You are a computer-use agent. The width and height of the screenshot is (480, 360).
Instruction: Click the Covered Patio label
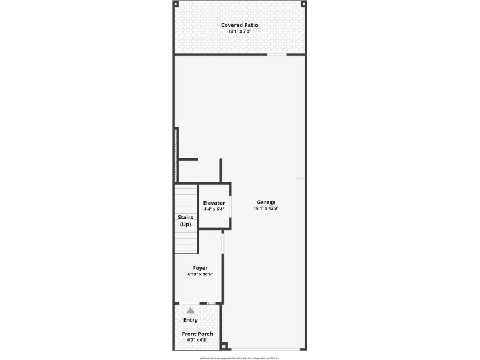tap(239, 25)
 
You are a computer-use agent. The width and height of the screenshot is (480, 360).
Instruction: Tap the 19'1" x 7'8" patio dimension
tap(239, 31)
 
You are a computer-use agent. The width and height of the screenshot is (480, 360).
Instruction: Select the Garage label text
tap(266, 202)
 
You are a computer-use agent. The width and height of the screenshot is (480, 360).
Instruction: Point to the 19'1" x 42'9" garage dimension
tap(266, 209)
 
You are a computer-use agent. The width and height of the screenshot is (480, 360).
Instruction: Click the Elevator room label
tap(214, 203)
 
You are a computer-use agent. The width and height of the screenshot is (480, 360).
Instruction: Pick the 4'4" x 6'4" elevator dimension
tap(214, 209)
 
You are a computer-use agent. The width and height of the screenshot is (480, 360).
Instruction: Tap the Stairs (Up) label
tap(185, 221)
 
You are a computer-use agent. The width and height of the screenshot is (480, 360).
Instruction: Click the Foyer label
tap(200, 268)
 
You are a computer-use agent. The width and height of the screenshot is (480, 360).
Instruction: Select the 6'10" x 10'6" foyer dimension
tap(200, 274)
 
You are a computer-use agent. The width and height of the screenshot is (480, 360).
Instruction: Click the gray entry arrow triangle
tap(190, 310)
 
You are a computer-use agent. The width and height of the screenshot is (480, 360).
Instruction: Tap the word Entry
tap(190, 320)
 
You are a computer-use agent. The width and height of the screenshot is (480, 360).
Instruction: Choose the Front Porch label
tap(197, 334)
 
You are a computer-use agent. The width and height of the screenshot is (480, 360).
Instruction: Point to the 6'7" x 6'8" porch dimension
tap(197, 340)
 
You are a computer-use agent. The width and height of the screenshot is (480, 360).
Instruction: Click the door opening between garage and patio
tap(277, 55)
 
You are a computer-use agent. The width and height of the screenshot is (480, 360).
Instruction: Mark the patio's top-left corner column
tap(175, 3)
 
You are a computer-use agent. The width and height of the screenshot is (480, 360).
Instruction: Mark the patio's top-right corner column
tap(303, 3)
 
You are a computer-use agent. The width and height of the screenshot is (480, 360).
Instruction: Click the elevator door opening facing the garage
tap(230, 206)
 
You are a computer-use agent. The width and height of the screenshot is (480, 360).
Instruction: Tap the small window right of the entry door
tap(211, 303)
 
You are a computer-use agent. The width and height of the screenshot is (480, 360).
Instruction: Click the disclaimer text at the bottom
tap(239, 358)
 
